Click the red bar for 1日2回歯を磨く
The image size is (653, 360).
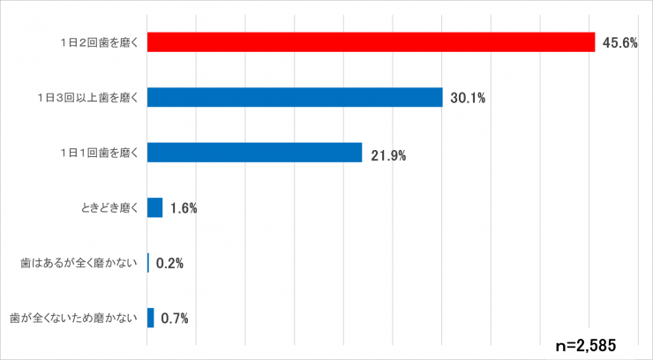click(x=371, y=42)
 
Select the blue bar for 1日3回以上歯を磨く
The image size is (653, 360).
click(x=295, y=97)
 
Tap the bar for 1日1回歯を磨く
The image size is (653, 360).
click(x=254, y=153)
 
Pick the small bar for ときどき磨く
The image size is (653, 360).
click(x=154, y=207)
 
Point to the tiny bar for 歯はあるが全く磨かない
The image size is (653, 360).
click(x=148, y=263)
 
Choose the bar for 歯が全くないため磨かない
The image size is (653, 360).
click(x=151, y=318)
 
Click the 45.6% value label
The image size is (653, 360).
click(x=619, y=43)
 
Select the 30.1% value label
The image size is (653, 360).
click(x=468, y=98)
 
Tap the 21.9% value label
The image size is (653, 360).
click(x=387, y=155)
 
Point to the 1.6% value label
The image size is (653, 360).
click(x=183, y=209)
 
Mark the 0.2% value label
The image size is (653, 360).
click(x=169, y=263)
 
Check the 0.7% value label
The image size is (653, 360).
click(x=175, y=318)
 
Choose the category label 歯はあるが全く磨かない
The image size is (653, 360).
click(x=80, y=263)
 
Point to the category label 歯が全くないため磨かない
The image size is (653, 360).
click(x=74, y=318)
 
